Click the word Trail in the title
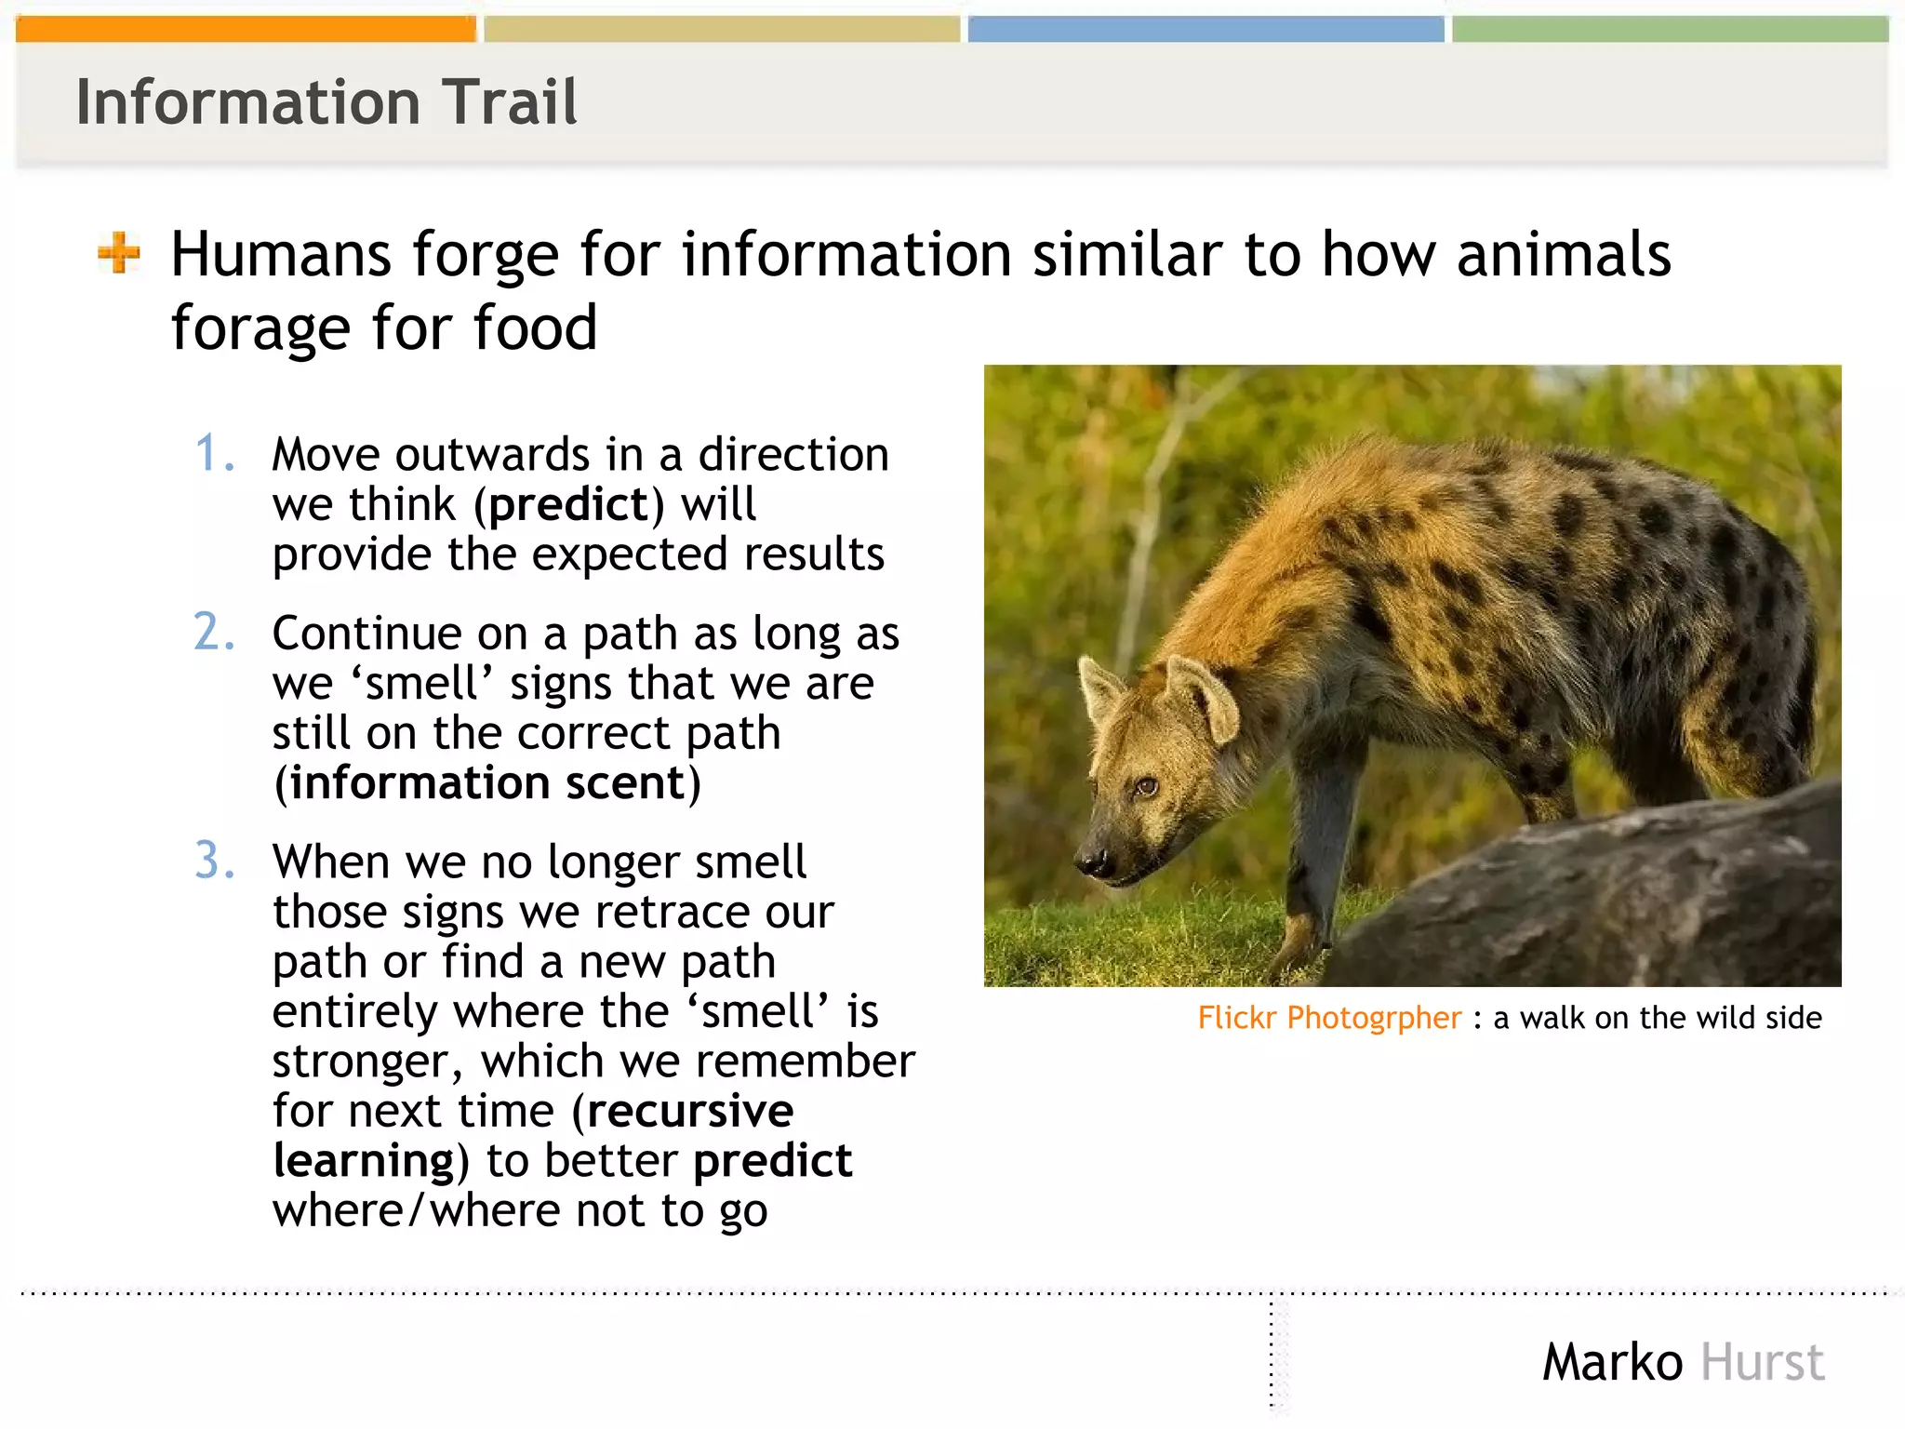click(x=509, y=101)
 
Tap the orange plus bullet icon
click(x=119, y=253)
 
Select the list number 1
click(x=214, y=454)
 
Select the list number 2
click(x=214, y=633)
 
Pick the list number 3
click(x=214, y=861)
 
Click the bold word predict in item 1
click(x=568, y=505)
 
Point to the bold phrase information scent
click(x=486, y=783)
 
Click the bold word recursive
click(x=689, y=1111)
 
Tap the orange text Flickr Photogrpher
click(x=1329, y=1018)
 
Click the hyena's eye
click(x=1145, y=787)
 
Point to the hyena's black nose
click(x=1091, y=861)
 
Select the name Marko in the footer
click(x=1612, y=1363)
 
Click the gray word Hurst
click(x=1762, y=1363)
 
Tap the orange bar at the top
click(x=246, y=29)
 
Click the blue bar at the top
click(x=1206, y=29)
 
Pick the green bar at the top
click(x=1669, y=29)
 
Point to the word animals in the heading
click(x=1564, y=255)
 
